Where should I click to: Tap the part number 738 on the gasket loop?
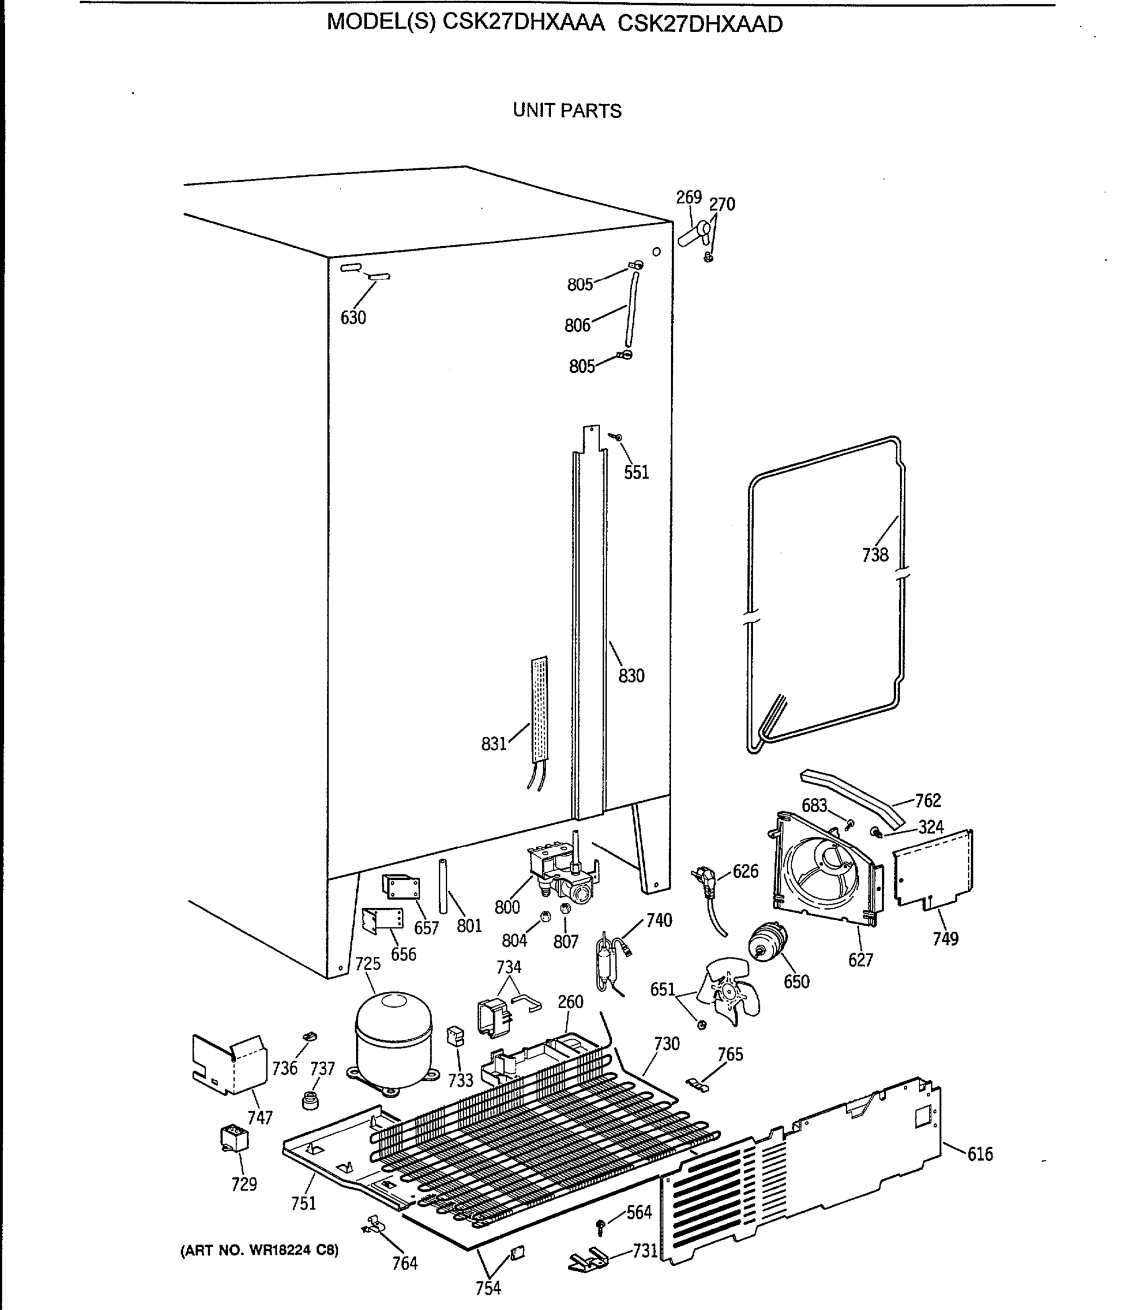point(875,555)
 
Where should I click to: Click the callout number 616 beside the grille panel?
point(980,1153)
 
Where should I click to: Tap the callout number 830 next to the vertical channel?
point(631,676)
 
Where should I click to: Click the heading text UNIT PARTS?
point(567,111)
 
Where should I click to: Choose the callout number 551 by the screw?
point(636,472)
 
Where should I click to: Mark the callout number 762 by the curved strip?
point(927,801)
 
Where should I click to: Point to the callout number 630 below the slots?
point(353,317)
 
